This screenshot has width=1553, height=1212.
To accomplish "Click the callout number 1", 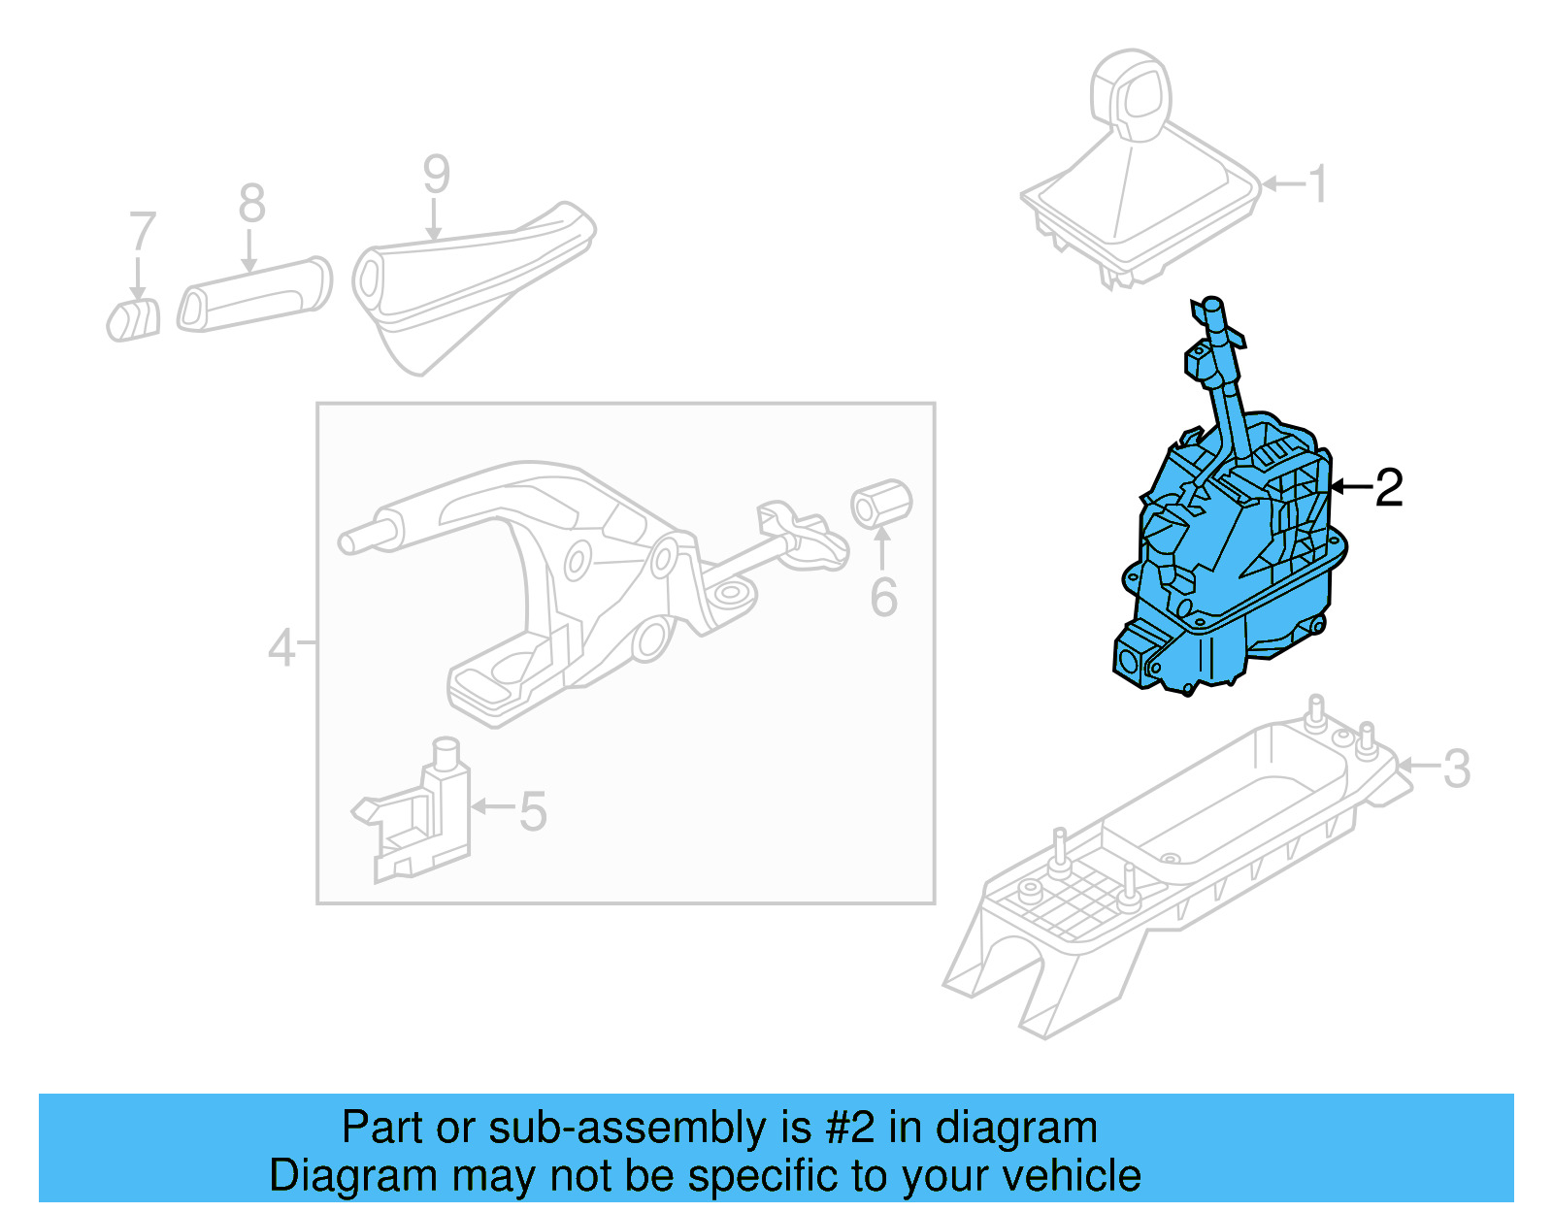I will [1317, 183].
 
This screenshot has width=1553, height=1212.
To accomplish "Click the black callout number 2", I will [1389, 487].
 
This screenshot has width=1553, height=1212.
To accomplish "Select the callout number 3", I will [1456, 769].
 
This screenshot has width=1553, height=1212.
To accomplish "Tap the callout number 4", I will [281, 647].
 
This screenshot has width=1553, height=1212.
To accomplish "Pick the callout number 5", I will [533, 811].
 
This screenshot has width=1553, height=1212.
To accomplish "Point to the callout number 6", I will [883, 597].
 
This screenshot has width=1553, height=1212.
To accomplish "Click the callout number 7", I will [142, 232].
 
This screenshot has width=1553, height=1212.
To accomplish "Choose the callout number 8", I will [251, 204].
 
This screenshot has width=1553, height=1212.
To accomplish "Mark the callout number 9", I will [436, 175].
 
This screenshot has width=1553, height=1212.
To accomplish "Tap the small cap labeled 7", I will [133, 320].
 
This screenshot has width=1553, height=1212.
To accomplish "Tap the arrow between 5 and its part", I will [492, 806].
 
